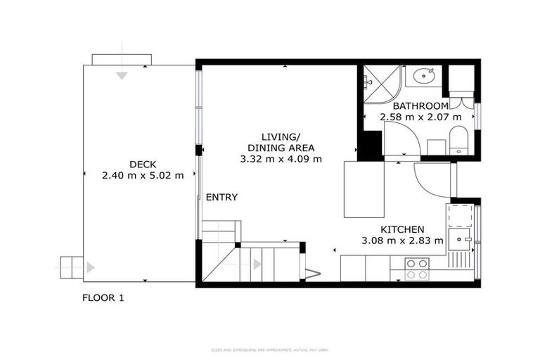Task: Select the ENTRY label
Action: coord(221,198)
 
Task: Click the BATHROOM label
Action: coord(420,106)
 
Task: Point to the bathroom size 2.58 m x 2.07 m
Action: coord(420,117)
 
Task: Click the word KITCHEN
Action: coord(402,230)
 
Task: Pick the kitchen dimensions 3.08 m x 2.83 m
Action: coord(402,241)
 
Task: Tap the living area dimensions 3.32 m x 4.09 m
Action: coord(281,159)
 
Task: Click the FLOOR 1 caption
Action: coord(103,297)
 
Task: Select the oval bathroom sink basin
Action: coord(423,76)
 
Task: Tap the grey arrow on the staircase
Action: coord(257,264)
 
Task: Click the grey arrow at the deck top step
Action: coord(122,75)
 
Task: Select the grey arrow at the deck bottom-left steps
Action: coord(90,267)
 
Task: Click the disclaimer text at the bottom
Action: coord(270,349)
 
